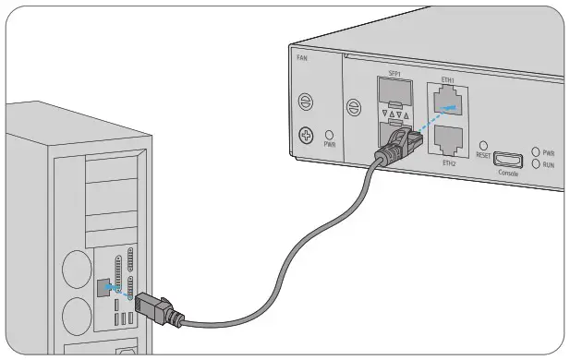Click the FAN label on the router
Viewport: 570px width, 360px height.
(301, 57)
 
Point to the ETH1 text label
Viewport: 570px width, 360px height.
(448, 79)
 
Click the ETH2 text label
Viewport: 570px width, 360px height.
(449, 163)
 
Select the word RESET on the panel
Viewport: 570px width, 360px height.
(483, 156)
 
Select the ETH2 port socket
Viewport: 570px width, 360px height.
(449, 138)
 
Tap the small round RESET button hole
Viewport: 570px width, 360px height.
(483, 146)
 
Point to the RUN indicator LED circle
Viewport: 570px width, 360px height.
(535, 163)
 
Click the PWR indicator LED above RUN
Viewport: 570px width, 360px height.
(535, 151)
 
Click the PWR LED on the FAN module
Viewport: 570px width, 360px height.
(330, 134)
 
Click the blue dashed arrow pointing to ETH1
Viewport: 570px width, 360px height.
(434, 117)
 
